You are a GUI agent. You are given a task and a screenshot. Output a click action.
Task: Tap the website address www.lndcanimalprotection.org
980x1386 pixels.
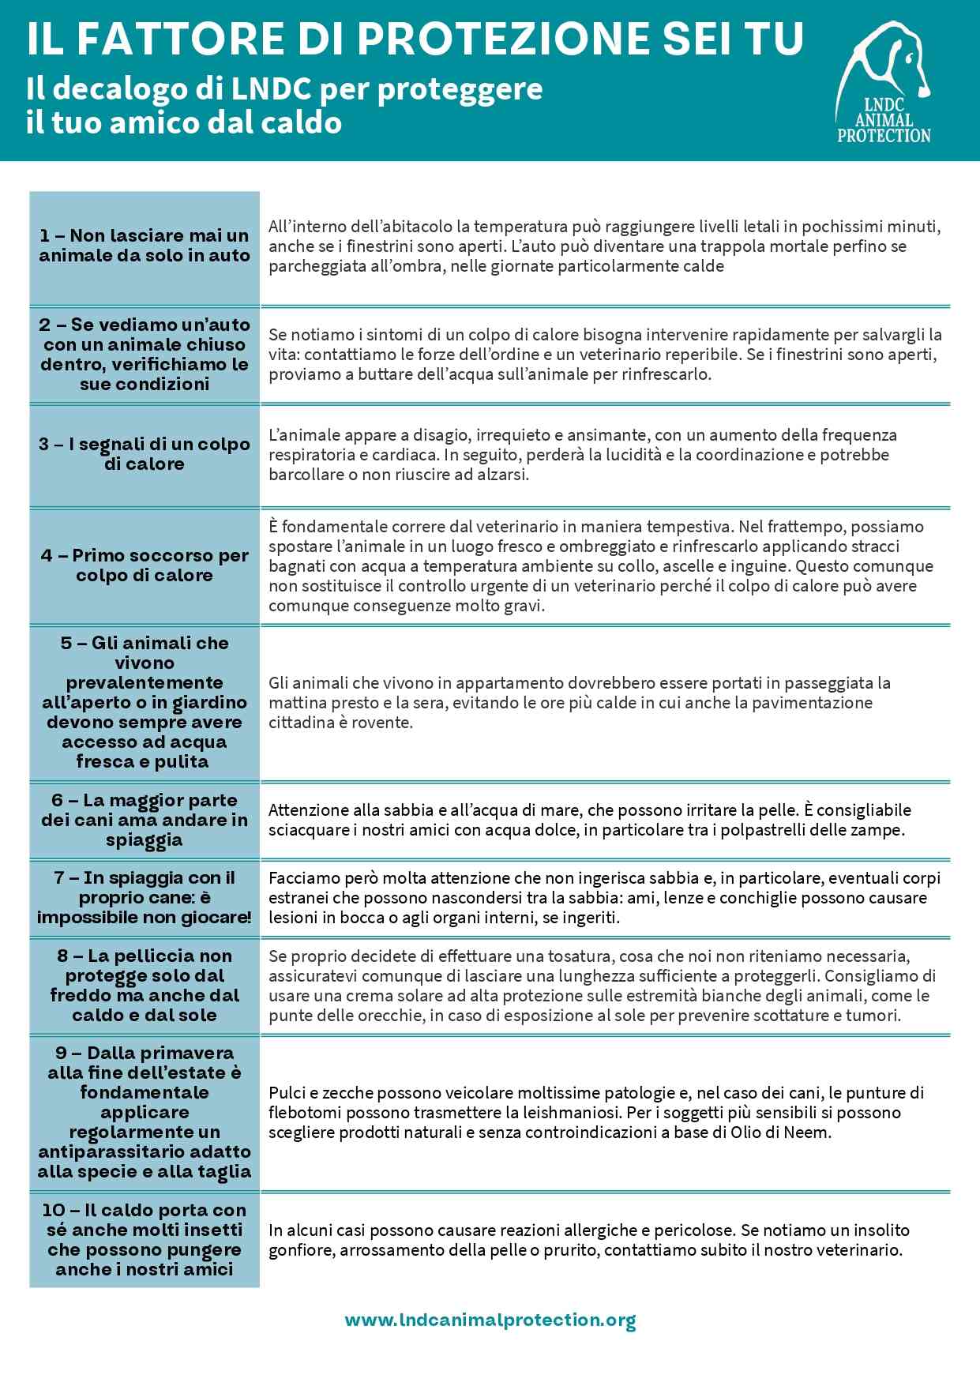pos(490,1320)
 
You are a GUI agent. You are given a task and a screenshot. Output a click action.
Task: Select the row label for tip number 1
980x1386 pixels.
pos(145,246)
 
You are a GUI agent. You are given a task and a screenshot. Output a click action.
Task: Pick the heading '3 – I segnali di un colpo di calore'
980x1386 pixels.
pos(145,454)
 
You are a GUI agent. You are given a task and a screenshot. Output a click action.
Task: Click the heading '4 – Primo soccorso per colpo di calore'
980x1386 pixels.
pos(145,565)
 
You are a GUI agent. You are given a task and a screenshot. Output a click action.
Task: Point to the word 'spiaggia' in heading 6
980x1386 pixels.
pos(145,840)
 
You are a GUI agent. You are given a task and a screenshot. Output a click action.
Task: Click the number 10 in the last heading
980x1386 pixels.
pos(54,1211)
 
